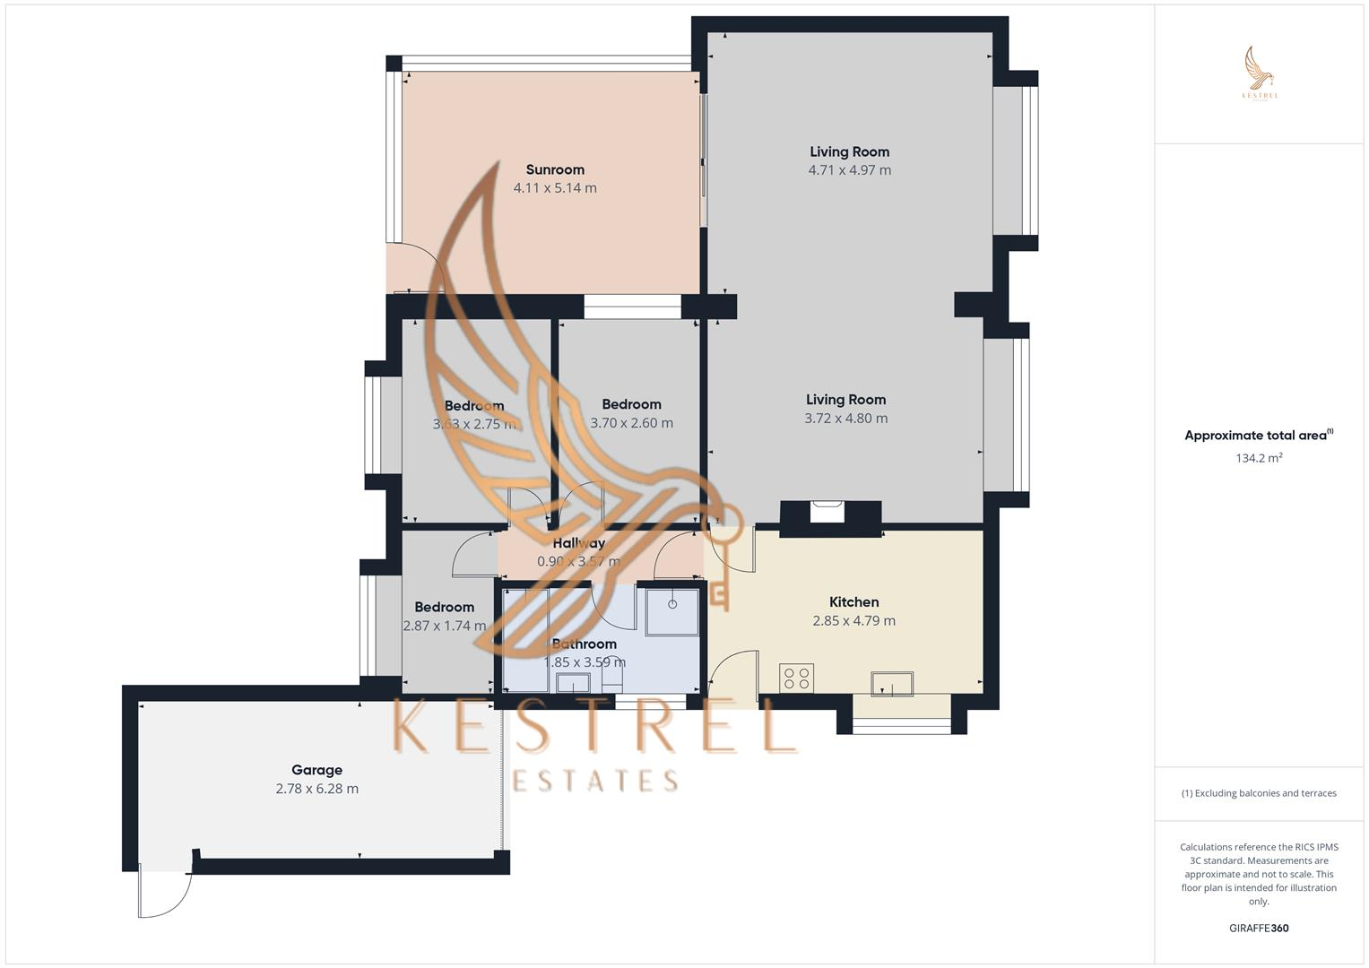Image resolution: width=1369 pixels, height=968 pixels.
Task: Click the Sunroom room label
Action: click(x=555, y=169)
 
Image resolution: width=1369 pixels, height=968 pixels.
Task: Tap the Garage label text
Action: click(x=316, y=770)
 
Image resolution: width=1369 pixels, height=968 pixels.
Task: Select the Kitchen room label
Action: click(x=853, y=602)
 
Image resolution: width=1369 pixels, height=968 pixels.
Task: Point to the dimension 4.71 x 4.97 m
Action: click(x=849, y=170)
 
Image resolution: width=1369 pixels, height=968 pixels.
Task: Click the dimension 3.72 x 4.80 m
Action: click(x=845, y=419)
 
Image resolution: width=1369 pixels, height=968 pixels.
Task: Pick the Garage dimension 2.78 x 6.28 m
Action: click(x=316, y=789)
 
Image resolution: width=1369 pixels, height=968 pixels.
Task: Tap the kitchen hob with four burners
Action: click(x=796, y=678)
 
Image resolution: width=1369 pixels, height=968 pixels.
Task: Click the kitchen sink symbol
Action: click(x=892, y=684)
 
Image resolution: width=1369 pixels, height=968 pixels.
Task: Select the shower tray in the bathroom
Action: click(x=672, y=610)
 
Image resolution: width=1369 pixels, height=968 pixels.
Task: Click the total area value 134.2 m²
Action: click(x=1259, y=458)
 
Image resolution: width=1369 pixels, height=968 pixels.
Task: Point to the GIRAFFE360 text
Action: click(x=1259, y=929)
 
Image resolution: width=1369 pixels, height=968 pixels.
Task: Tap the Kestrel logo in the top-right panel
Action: click(x=1260, y=73)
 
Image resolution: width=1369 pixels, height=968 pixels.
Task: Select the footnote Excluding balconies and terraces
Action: click(x=1259, y=793)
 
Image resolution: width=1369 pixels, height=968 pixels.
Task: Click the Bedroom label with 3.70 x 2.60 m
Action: click(x=631, y=404)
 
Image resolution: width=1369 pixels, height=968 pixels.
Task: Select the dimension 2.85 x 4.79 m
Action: click(x=853, y=621)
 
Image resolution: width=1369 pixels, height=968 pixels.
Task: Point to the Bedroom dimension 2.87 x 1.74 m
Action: click(x=444, y=627)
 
